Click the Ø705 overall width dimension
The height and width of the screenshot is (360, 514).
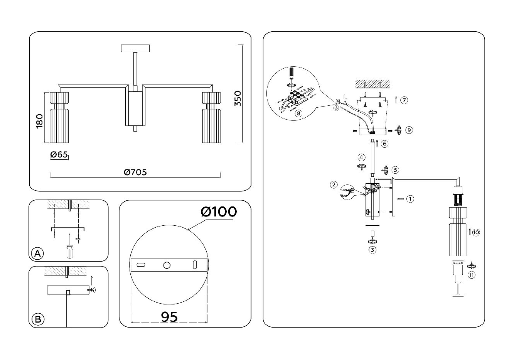[x=135, y=172]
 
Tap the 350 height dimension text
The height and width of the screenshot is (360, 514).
[x=238, y=99]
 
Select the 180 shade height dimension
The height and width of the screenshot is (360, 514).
[x=39, y=122]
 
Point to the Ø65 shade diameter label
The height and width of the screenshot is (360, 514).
[x=59, y=155]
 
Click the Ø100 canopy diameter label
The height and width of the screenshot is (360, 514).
[x=219, y=211]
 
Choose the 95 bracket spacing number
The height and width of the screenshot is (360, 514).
[x=169, y=317]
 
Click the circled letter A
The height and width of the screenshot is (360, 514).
[x=37, y=254]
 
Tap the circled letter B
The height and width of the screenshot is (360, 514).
[x=37, y=319]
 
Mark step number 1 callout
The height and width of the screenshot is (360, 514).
[x=410, y=199]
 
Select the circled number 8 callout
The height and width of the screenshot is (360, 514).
[x=298, y=113]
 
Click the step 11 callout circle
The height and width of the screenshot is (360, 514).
[x=471, y=275]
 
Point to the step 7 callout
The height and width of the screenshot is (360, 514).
[x=404, y=100]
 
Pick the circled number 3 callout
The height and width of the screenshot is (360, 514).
[x=372, y=250]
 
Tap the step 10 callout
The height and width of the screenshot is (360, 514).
[x=476, y=232]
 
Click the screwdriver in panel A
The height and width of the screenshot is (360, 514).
[x=69, y=250]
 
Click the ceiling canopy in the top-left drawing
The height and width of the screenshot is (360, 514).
[x=135, y=49]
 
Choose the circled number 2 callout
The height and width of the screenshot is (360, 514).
[x=334, y=185]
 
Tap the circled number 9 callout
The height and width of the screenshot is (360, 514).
[x=409, y=130]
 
